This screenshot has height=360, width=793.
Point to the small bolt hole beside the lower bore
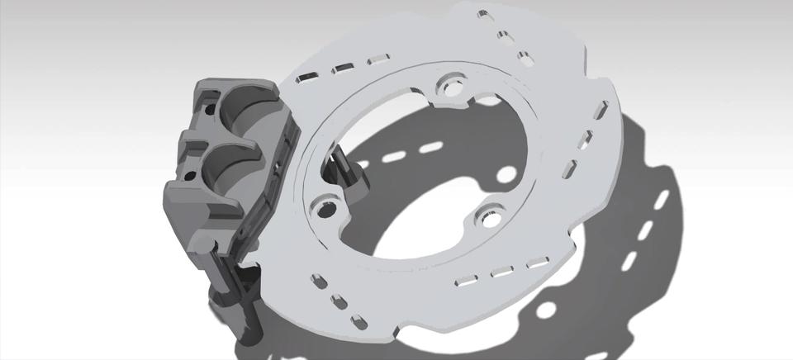click(192, 175)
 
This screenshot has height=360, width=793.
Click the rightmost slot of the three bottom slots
click(538, 263)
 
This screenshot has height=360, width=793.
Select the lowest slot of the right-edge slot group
click(569, 170)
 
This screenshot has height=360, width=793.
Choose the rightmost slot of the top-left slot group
click(378, 59)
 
